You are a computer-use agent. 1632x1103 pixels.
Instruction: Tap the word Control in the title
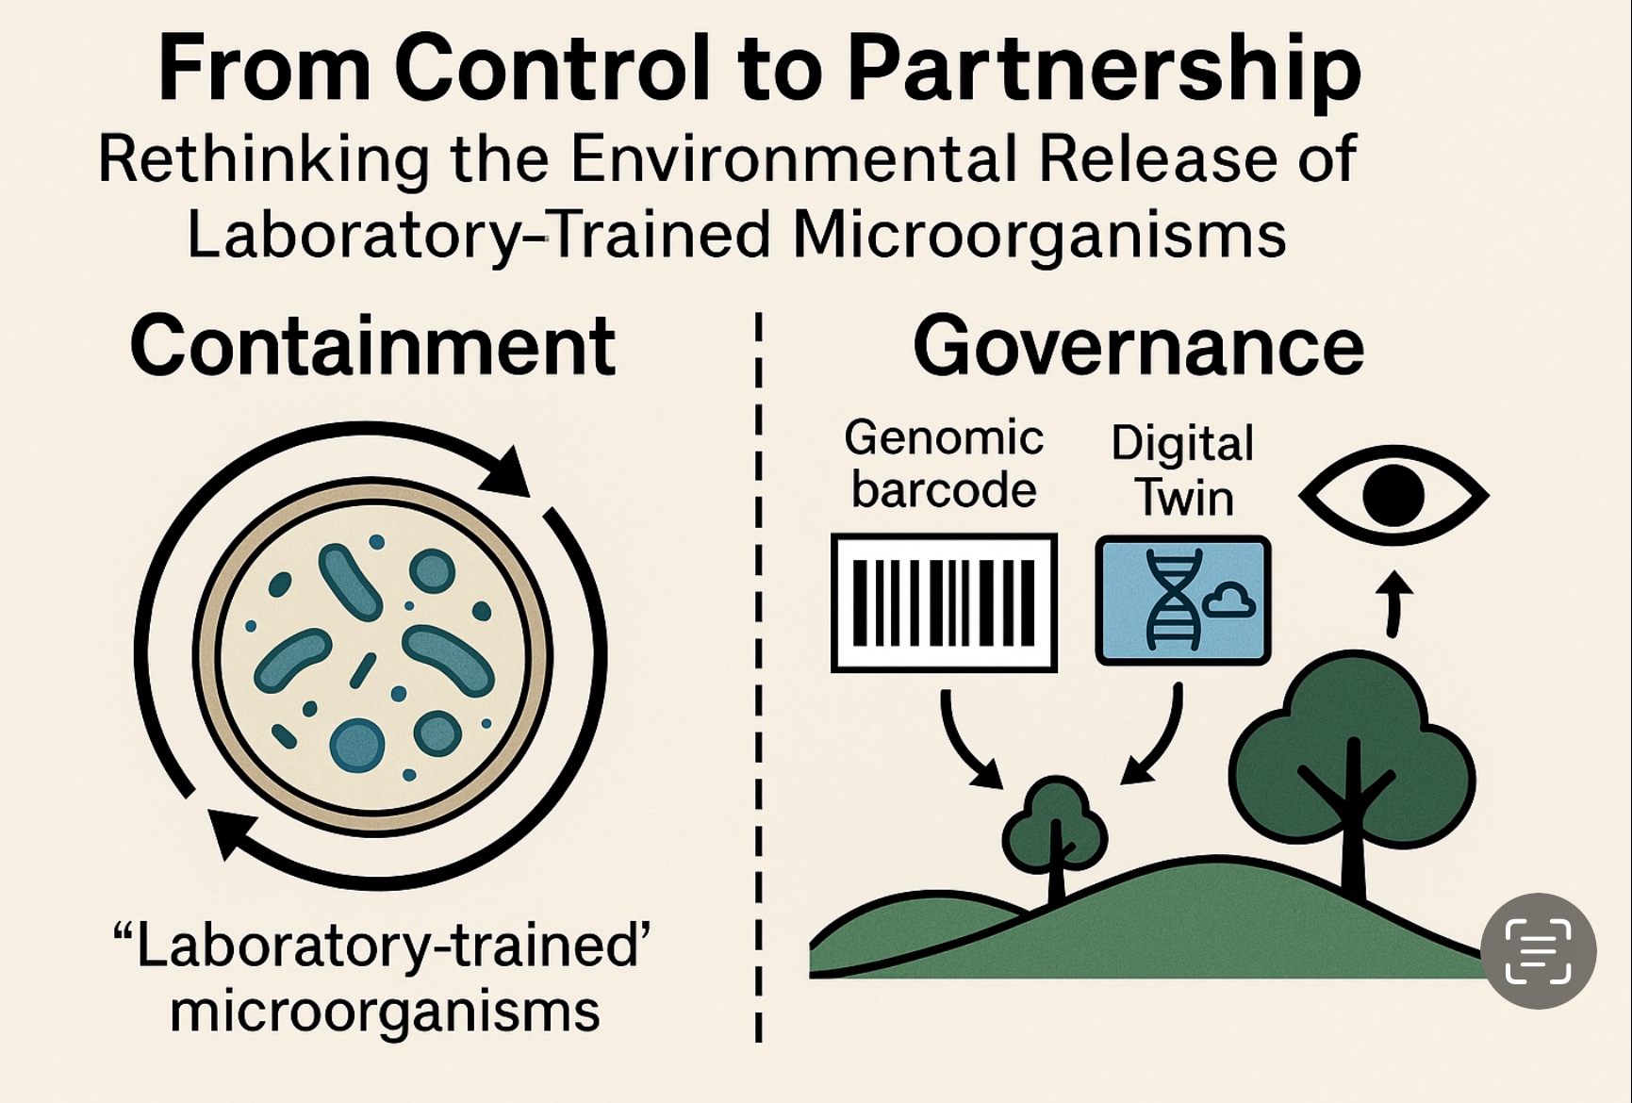pos(551,68)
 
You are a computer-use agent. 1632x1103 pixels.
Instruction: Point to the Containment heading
pos(372,346)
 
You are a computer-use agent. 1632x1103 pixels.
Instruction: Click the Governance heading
pos(1138,346)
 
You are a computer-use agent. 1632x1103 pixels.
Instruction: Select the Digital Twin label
pos(1183,469)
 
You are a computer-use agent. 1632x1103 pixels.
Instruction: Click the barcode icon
pos(944,602)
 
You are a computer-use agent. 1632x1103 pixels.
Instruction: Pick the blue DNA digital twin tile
pos(1182,601)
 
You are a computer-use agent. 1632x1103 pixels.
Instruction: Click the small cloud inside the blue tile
pos(1229,601)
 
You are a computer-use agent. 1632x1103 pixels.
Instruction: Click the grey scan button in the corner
pos(1538,950)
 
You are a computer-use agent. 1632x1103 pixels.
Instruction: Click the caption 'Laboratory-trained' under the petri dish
pos(382,946)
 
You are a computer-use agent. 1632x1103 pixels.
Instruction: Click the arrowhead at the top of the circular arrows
pos(506,471)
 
